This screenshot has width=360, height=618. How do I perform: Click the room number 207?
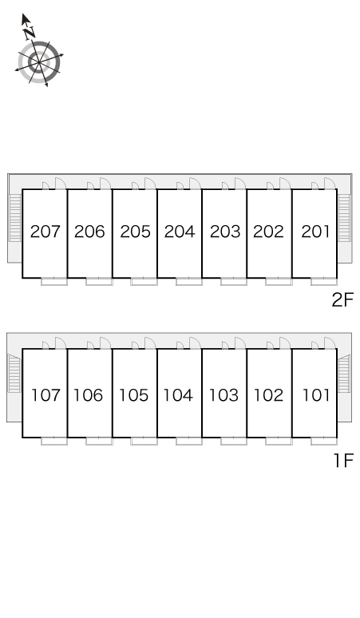click(x=45, y=232)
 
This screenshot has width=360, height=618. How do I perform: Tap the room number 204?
click(x=180, y=232)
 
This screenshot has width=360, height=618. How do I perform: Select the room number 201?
click(x=315, y=232)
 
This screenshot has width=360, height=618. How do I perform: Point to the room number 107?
click(x=45, y=395)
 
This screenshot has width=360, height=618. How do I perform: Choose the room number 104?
click(x=178, y=395)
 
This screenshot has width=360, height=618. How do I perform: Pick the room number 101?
click(x=316, y=395)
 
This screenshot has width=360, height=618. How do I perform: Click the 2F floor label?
click(x=342, y=300)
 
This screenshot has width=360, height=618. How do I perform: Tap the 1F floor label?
click(x=344, y=460)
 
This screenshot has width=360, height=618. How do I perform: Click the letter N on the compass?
click(x=29, y=32)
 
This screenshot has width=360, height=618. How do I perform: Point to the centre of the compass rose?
click(x=39, y=62)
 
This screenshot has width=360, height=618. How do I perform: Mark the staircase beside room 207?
click(x=15, y=217)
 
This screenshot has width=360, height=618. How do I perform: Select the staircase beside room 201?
click(x=344, y=218)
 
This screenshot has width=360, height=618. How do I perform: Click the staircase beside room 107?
click(x=14, y=373)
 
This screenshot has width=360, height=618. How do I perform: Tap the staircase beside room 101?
click(x=344, y=373)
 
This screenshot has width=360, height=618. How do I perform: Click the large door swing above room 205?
click(x=150, y=184)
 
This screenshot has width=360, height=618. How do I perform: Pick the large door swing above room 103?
click(x=240, y=343)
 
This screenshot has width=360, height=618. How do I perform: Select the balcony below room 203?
click(x=234, y=281)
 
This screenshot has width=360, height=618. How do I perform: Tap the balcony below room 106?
click(x=99, y=441)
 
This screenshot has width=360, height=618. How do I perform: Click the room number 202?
click(x=268, y=232)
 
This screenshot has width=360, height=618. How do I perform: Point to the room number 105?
click(x=133, y=395)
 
